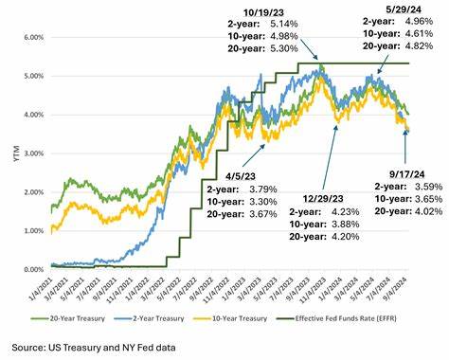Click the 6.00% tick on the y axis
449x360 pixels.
click(x=31, y=37)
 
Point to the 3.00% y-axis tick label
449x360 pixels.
click(x=31, y=153)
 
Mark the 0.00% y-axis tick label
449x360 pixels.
click(x=31, y=269)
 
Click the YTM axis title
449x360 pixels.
click(x=12, y=153)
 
